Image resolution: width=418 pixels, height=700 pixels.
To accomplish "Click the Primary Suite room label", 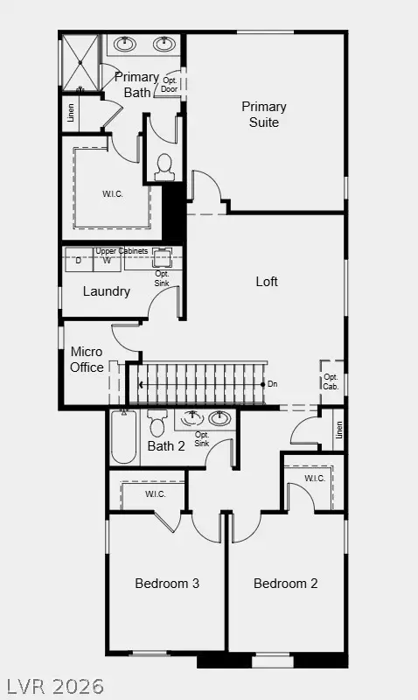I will tap(264, 115).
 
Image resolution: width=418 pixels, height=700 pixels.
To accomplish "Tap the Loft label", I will tap(267, 282).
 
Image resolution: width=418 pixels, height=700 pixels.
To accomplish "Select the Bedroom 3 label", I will tap(167, 583).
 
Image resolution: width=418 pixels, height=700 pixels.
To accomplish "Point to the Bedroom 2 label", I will tap(286, 583).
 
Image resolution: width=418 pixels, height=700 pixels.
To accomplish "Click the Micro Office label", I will tap(87, 360).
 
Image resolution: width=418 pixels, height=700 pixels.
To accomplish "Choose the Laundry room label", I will tap(107, 291).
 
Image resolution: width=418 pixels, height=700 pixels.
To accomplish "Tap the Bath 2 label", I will tap(166, 446).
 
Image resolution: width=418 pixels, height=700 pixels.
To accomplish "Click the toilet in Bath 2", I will tap(157, 423).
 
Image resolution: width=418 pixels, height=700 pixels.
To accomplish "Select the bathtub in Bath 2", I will tap(123, 438).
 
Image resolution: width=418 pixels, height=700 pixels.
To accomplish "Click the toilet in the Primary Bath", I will tap(164, 166).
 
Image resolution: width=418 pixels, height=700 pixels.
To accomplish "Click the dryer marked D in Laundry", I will tap(79, 260).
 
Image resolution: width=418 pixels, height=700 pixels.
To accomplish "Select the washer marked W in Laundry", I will tap(106, 260).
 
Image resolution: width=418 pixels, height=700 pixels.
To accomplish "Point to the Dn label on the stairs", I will tap(273, 384).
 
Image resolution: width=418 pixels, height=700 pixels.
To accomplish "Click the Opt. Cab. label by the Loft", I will tap(331, 381).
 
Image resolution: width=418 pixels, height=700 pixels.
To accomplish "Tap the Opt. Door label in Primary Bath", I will tap(170, 85).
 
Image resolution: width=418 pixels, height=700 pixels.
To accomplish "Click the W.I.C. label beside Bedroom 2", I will tap(315, 479).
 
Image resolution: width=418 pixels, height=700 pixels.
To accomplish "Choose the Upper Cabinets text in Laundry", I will tap(122, 251).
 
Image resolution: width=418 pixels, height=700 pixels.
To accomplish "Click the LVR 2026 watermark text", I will tap(54, 684).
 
